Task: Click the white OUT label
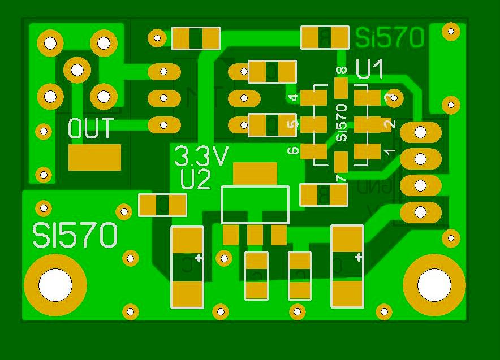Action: pyautogui.click(x=90, y=129)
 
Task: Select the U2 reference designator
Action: pyautogui.click(x=196, y=180)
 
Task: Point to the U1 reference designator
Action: pyautogui.click(x=370, y=69)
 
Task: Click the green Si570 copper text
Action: pyautogui.click(x=390, y=38)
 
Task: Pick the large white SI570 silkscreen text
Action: pyautogui.click(x=75, y=236)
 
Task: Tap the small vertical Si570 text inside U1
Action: pyautogui.click(x=341, y=122)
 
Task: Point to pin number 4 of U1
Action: pyautogui.click(x=293, y=98)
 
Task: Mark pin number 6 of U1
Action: pyautogui.click(x=293, y=151)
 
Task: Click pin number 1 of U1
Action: pyautogui.click(x=389, y=151)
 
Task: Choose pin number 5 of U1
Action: pyautogui.click(x=293, y=124)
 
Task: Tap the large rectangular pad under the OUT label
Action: pyautogui.click(x=94, y=157)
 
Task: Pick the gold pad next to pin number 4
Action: pyautogui.click(x=314, y=98)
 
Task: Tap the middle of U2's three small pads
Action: pyautogui.click(x=255, y=235)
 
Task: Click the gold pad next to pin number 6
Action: pyautogui.click(x=314, y=151)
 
